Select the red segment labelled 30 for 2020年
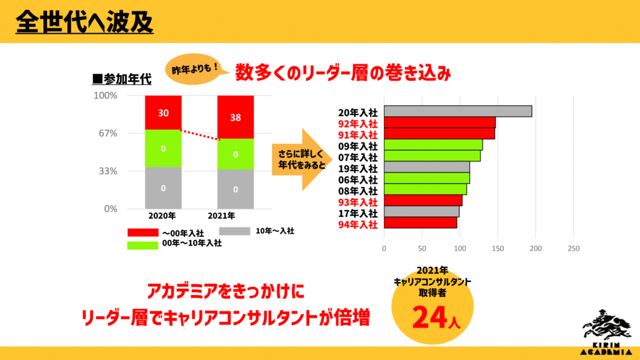point(163,112)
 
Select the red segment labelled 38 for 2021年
point(235,116)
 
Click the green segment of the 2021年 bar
point(235,154)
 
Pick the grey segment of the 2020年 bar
point(163,187)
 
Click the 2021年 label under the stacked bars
point(222,216)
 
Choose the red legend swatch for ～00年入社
point(142,232)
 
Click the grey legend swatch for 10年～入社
point(244,231)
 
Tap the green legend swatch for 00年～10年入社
point(142,244)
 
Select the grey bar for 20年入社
point(457,111)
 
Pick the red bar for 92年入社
point(439,122)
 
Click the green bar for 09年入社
point(433,145)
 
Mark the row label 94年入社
point(357,224)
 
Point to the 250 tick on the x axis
point(573,248)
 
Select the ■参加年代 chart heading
point(122,79)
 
